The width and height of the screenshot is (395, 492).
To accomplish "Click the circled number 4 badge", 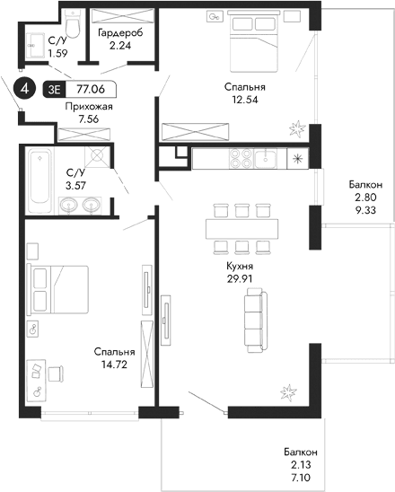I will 26,89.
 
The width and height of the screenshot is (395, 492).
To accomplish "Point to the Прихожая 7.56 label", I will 82,110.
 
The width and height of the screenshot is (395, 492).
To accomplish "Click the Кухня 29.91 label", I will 239,271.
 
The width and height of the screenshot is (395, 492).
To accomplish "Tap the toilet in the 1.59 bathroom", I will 75,32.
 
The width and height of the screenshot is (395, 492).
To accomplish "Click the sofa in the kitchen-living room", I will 255,321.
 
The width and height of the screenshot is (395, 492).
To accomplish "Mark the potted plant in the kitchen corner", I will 289,391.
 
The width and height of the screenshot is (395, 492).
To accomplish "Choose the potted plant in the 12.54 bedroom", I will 296,129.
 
